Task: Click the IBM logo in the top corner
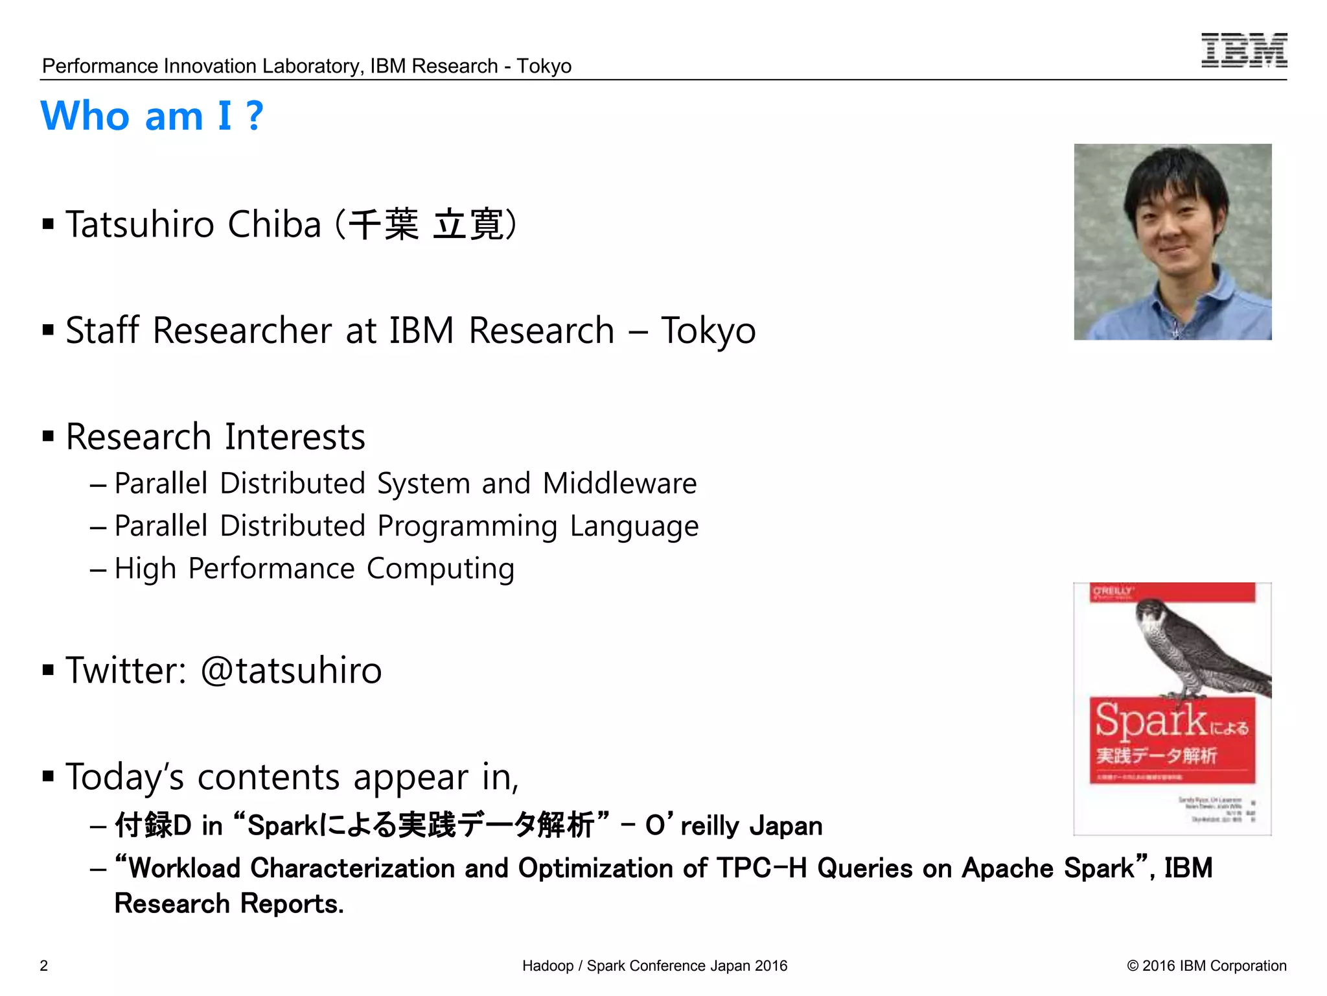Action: (x=1243, y=51)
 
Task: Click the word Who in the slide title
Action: (x=86, y=117)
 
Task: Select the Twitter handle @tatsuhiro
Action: (x=291, y=670)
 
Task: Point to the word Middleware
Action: (x=619, y=484)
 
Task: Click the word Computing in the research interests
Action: (x=441, y=569)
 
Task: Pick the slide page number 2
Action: (x=44, y=966)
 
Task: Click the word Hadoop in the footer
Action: (x=548, y=966)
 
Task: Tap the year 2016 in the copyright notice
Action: (x=1159, y=966)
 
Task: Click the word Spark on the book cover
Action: (x=1150, y=721)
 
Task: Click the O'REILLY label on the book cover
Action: (x=1112, y=591)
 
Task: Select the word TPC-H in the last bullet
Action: (x=761, y=868)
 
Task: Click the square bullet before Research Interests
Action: (x=48, y=436)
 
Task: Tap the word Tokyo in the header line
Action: (x=544, y=66)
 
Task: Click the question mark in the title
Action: (x=255, y=117)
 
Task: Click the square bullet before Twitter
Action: (x=48, y=670)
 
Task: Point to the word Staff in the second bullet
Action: (x=102, y=331)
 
